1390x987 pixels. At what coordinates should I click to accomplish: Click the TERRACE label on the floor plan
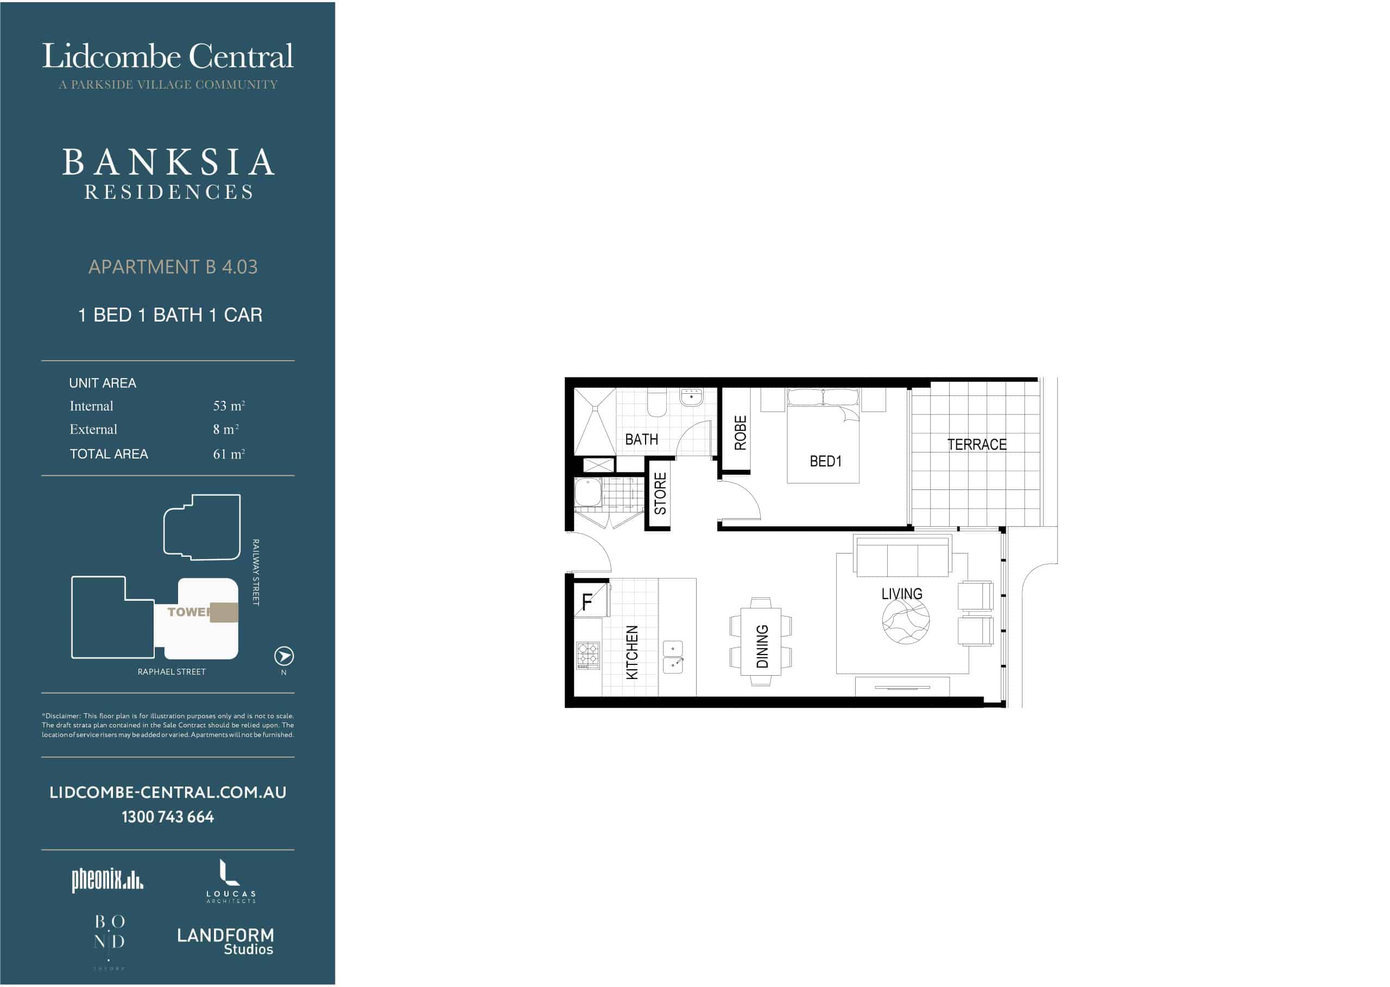[x=976, y=444]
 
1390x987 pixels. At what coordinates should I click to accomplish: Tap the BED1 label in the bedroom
[x=826, y=461]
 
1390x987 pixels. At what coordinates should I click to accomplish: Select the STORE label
[x=660, y=493]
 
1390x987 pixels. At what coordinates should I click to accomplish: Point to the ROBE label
[x=741, y=433]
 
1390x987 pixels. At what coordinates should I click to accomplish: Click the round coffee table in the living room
[x=905, y=621]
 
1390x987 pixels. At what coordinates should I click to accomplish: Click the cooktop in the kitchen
[x=587, y=656]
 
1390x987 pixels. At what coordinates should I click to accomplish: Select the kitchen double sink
[x=673, y=657]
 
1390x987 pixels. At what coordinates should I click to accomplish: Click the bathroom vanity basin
[x=691, y=397]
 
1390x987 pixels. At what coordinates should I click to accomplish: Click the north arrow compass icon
[x=284, y=656]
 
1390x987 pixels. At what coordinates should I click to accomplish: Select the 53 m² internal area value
[x=229, y=406]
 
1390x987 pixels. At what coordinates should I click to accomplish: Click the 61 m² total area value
[x=229, y=454]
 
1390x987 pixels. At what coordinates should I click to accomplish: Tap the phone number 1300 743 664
[x=168, y=817]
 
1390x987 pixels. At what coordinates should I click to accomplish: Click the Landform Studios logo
[x=225, y=941]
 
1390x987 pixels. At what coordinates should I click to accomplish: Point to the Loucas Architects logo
[x=231, y=881]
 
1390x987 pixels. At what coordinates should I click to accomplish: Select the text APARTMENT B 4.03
[x=173, y=267]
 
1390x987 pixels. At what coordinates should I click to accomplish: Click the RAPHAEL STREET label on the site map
[x=172, y=671]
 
